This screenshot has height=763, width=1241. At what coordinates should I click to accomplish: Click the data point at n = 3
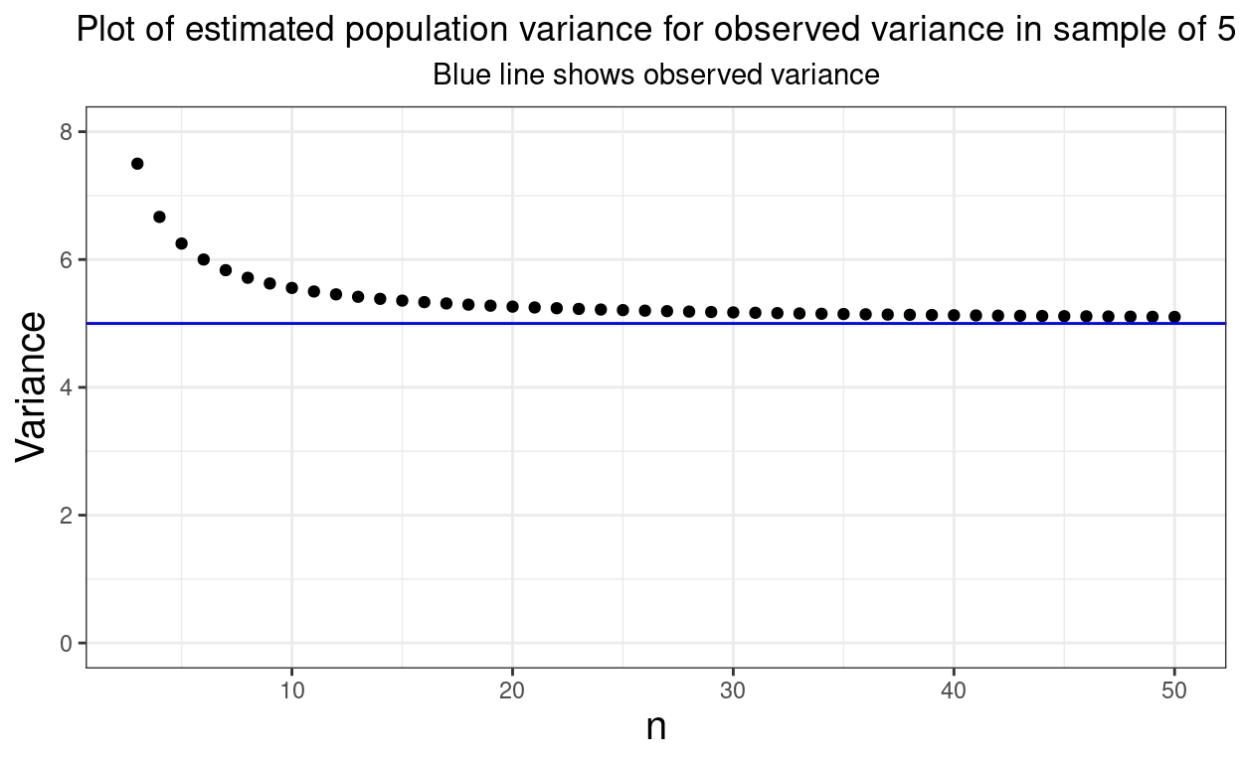pos(137,164)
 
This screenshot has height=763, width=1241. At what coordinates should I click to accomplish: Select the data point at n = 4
pos(159,217)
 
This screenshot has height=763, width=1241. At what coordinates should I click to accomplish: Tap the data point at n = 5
pos(181,243)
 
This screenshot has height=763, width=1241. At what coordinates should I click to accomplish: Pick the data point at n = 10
pos(291,288)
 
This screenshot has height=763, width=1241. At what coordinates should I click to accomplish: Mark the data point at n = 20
pos(512,306)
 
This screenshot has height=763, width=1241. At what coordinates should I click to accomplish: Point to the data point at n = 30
pos(733,312)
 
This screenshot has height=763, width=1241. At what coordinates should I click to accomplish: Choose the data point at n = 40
pos(954,315)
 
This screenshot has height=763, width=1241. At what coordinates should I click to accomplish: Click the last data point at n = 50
pos(1174,317)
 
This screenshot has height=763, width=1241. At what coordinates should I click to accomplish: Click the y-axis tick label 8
pos(68,132)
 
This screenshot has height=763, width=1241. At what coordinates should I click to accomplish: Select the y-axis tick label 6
pos(68,260)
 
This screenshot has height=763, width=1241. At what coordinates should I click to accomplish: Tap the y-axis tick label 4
pos(68,387)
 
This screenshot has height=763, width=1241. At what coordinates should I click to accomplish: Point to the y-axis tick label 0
pos(68,644)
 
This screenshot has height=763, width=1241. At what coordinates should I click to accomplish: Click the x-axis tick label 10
pos(291,688)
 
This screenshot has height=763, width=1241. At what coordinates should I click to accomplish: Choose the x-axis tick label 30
pos(733,688)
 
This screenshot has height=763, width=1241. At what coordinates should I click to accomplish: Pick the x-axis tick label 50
pos(1174,688)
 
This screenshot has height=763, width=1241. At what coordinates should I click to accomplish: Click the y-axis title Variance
pos(32,385)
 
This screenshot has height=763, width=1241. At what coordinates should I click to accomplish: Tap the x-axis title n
pos(655,727)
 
